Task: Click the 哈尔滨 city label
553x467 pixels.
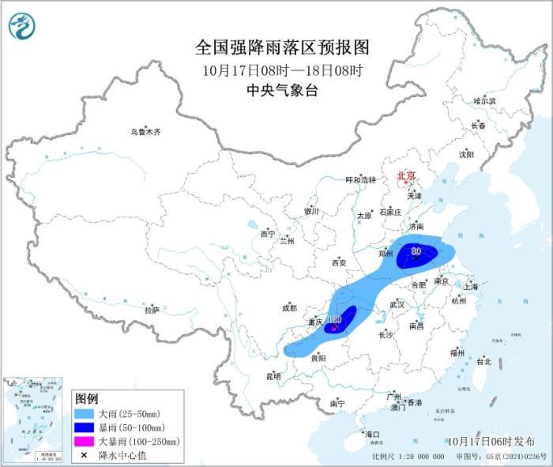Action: point(484,101)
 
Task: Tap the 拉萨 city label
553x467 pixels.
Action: point(152,311)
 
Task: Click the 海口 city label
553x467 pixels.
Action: point(371,434)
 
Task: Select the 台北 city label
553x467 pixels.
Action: point(483,361)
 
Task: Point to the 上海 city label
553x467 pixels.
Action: point(471,287)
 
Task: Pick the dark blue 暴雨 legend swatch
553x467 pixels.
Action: point(85,427)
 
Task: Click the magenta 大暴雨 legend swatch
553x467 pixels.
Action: point(85,441)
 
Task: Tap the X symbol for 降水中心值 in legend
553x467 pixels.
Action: point(85,454)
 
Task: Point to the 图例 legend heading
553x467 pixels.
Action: point(86,397)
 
